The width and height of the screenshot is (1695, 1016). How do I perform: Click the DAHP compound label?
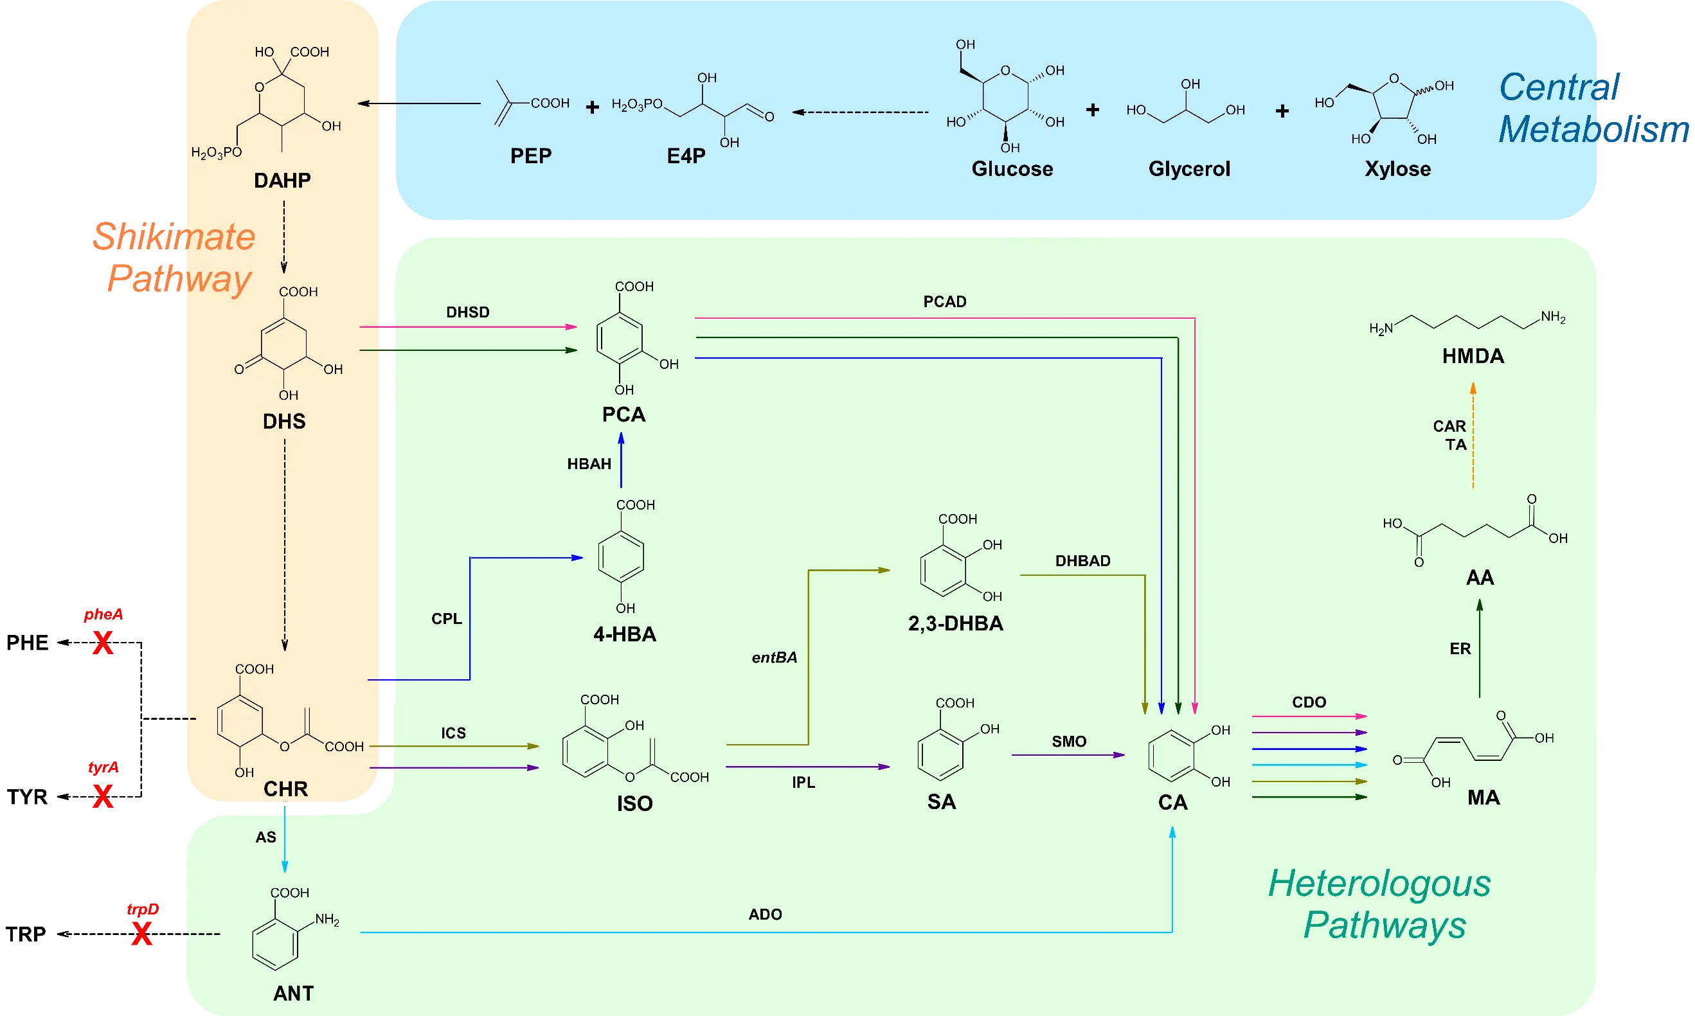tap(282, 181)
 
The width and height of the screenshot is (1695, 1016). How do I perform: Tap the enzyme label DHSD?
tap(467, 312)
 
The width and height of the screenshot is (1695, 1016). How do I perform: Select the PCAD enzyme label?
tap(945, 302)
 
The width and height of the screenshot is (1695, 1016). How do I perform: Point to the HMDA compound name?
tap(1473, 356)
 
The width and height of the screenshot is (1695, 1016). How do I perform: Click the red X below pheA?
tap(103, 643)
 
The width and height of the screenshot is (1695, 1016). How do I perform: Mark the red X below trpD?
tap(141, 934)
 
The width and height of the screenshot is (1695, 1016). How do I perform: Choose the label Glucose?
tap(1012, 169)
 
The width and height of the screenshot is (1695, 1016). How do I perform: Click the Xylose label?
tap(1397, 169)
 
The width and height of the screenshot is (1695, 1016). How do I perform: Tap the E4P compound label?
tap(686, 156)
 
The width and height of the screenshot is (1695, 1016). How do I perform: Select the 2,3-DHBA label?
tap(955, 624)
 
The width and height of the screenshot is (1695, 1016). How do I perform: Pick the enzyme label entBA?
tap(775, 658)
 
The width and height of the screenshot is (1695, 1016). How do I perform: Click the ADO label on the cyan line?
tap(765, 914)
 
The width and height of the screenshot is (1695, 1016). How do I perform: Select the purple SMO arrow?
tap(1068, 755)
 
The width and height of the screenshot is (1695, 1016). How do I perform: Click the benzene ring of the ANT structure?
tap(275, 943)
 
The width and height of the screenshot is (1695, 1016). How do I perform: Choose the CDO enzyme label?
tap(1309, 702)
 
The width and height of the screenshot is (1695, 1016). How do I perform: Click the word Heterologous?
tap(1379, 883)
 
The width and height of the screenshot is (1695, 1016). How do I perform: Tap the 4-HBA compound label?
tap(624, 635)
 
